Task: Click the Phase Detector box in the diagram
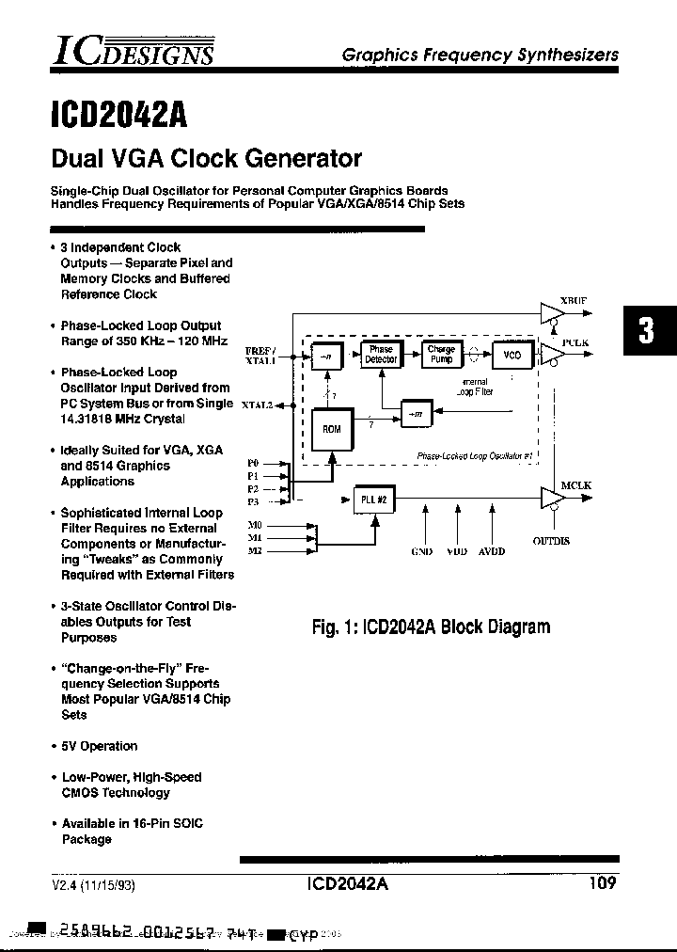point(381,355)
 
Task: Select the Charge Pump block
point(441,355)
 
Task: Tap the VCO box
point(512,356)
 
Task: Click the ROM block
point(332,429)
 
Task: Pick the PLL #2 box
point(375,500)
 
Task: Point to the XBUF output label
point(573,301)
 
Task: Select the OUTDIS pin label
point(551,542)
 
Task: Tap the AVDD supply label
point(491,552)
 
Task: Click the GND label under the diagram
point(422,552)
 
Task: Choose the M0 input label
point(254,524)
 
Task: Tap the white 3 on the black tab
point(646,331)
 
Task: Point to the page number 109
point(603,882)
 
